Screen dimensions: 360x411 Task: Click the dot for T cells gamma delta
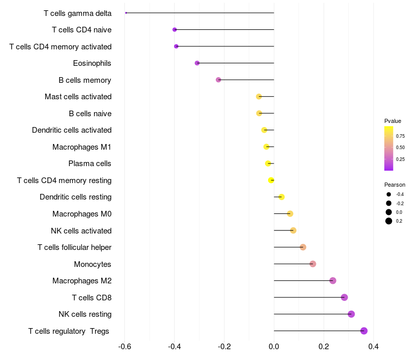pos(126,13)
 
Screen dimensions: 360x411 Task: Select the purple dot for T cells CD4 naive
pos(175,30)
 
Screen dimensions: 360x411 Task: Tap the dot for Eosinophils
pos(197,63)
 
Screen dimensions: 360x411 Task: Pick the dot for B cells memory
pos(218,80)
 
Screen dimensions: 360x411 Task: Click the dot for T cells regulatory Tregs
pos(364,331)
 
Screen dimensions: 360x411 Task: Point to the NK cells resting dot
pos(351,314)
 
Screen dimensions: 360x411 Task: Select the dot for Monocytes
pos(313,264)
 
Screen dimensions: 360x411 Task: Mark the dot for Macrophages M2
pos(333,281)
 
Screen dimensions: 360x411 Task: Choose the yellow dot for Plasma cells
pos(268,164)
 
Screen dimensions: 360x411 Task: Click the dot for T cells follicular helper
pos(303,247)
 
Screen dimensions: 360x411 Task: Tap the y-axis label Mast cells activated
pos(78,97)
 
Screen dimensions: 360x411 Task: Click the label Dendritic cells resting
pos(76,197)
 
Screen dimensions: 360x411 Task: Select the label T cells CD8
pos(91,297)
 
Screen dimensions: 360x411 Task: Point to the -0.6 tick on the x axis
pos(124,347)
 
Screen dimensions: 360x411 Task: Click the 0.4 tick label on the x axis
pos(373,347)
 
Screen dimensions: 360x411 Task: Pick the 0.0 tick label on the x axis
pos(274,347)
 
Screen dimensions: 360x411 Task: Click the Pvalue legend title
pos(393,121)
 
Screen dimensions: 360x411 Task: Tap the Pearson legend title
pos(395,185)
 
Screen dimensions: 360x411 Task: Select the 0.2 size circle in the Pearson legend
pos(389,221)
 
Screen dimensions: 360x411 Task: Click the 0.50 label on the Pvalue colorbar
pos(400,148)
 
